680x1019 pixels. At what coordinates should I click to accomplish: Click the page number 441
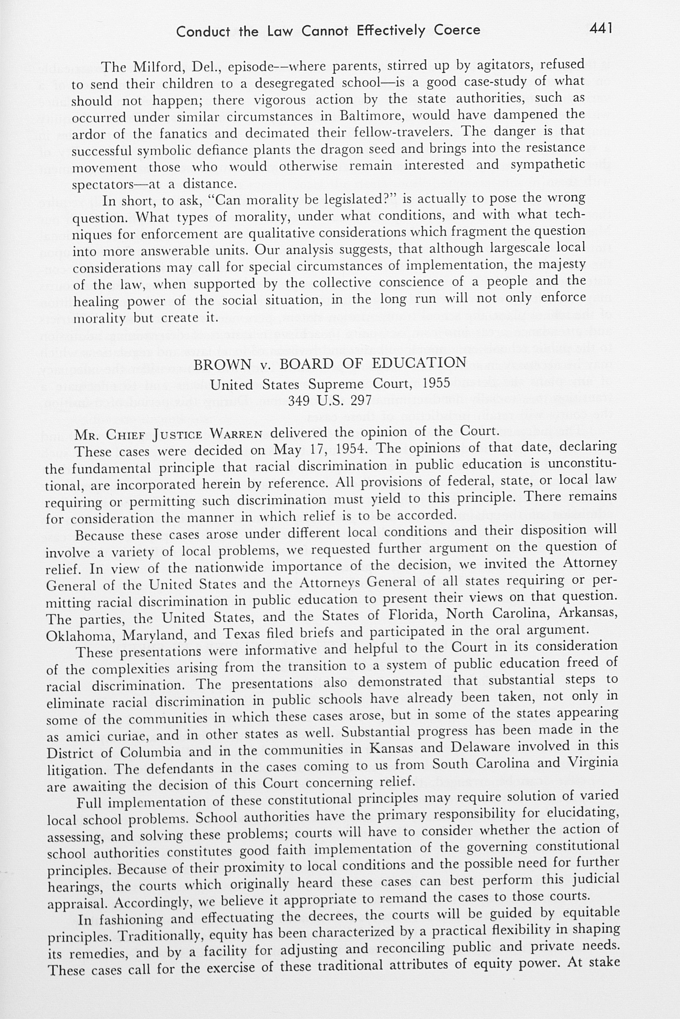pyautogui.click(x=601, y=28)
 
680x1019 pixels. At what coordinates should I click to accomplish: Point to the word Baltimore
pyautogui.click(x=373, y=116)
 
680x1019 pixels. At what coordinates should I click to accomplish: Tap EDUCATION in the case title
pyautogui.click(x=419, y=362)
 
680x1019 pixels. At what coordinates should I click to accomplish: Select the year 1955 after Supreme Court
pyautogui.click(x=437, y=383)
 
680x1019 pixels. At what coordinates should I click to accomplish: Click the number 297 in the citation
pyautogui.click(x=361, y=400)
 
